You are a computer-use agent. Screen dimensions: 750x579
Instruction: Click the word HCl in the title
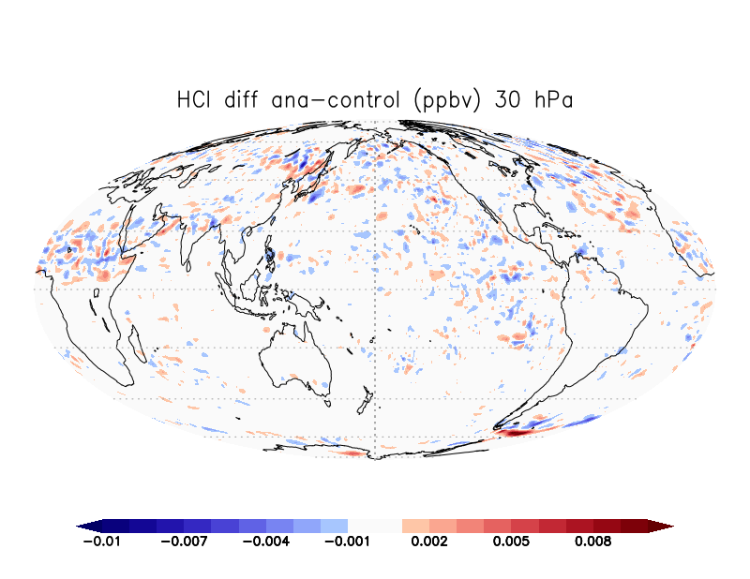(x=194, y=100)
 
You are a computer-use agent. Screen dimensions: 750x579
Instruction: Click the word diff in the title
(x=241, y=100)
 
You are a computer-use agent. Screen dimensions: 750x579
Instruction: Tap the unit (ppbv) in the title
(x=447, y=101)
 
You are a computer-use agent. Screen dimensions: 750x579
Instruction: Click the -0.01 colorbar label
(x=102, y=542)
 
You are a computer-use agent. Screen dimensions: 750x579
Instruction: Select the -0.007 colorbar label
(x=184, y=542)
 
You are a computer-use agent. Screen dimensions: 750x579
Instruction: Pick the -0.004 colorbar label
(x=266, y=542)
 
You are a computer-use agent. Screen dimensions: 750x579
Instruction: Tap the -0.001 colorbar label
(x=348, y=542)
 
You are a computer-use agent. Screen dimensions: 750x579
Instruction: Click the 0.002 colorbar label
(x=429, y=542)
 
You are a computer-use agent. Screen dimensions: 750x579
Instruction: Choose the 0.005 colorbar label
(x=511, y=542)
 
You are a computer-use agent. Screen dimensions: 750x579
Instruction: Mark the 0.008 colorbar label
(x=593, y=542)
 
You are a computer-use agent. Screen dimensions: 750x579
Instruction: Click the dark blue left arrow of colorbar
(x=89, y=526)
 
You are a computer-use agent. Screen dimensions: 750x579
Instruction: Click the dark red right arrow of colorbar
(x=661, y=526)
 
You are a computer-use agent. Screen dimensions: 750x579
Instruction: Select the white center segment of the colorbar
(x=375, y=526)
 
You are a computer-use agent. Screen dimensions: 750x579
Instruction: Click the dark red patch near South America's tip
(x=514, y=433)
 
